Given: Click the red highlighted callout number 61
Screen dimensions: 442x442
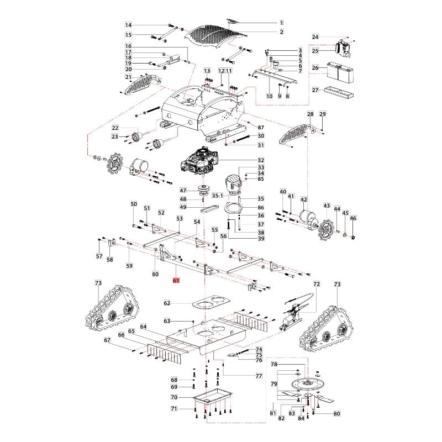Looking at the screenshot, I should [x=176, y=281].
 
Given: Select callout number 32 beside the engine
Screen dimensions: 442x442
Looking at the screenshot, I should [x=261, y=160].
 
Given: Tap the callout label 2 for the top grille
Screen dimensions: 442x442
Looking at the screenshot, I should [x=281, y=32].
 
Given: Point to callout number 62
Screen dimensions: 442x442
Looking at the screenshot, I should [x=167, y=303].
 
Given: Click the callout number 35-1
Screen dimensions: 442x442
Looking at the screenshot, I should [x=218, y=196].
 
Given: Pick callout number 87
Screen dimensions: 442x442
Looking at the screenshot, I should [x=261, y=128].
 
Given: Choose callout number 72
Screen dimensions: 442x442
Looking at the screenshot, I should [x=317, y=284].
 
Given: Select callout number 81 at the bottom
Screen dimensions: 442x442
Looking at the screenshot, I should [x=272, y=413].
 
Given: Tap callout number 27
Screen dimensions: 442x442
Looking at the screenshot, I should [x=315, y=90].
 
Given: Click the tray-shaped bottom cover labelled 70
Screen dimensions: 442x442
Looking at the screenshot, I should [x=213, y=396].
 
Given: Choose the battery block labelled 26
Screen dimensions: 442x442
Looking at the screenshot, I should [x=339, y=72].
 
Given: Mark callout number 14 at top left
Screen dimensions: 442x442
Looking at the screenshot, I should [x=128, y=25].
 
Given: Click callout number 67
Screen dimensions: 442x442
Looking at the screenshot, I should [x=108, y=340].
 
